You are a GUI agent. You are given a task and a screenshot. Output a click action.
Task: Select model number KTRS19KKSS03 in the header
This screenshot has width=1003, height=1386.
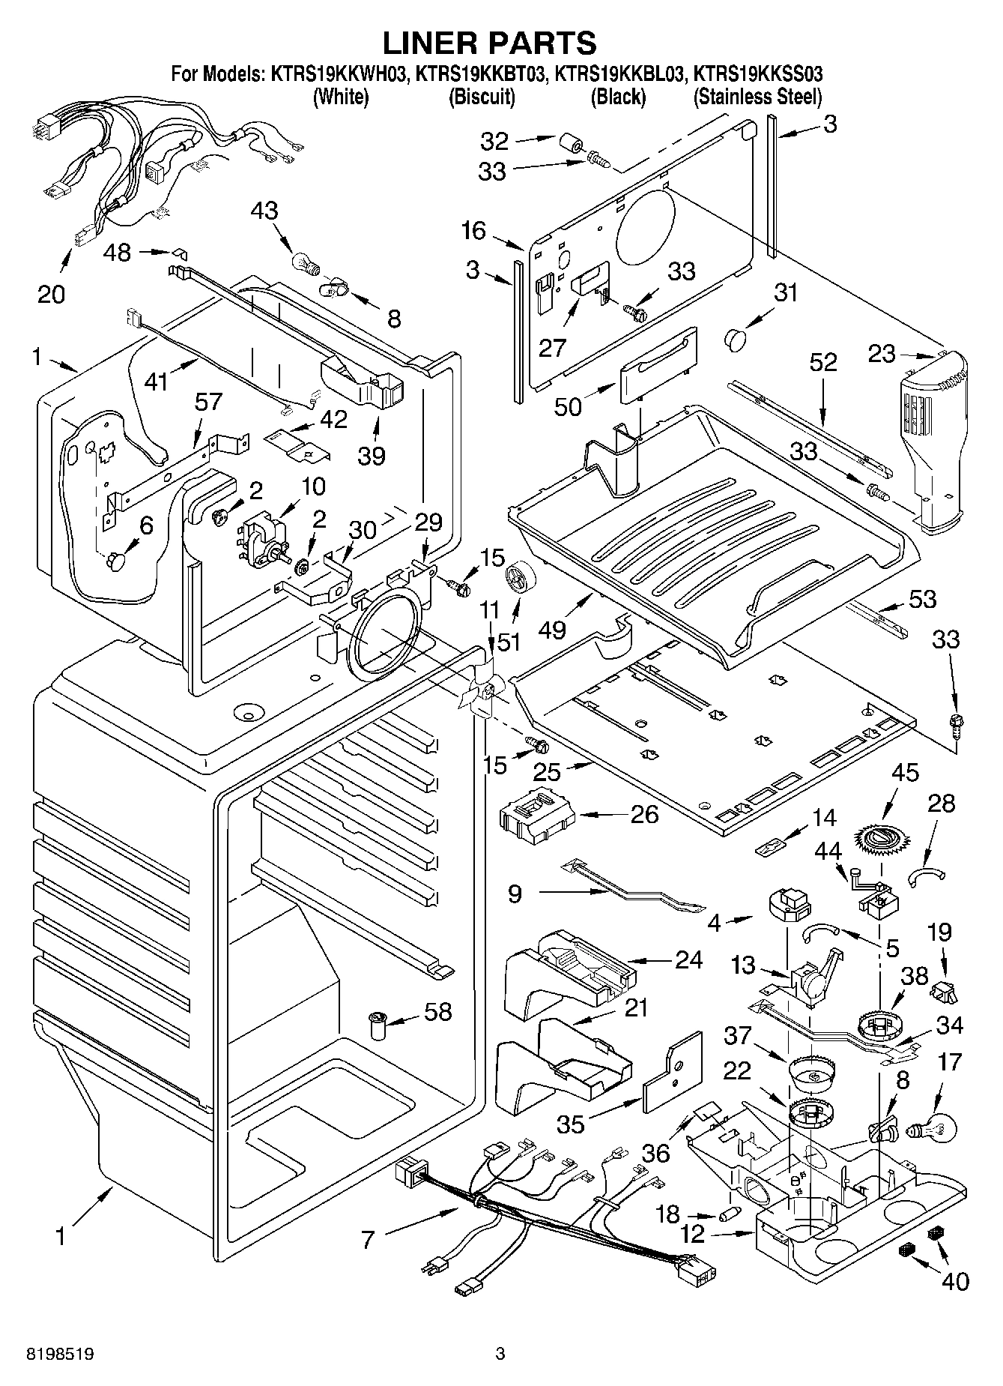pos(758,74)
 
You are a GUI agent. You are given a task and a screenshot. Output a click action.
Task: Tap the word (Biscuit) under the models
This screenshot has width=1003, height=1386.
pos(481,97)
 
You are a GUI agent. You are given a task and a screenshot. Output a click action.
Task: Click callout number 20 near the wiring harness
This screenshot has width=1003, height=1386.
pos(51,294)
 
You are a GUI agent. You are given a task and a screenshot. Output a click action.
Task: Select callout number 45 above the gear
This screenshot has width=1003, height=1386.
pos(905,773)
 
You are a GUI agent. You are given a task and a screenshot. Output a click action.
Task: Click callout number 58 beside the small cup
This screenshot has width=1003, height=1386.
pos(438,1011)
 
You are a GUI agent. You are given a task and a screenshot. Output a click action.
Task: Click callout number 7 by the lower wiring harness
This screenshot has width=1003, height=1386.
pos(368,1240)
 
